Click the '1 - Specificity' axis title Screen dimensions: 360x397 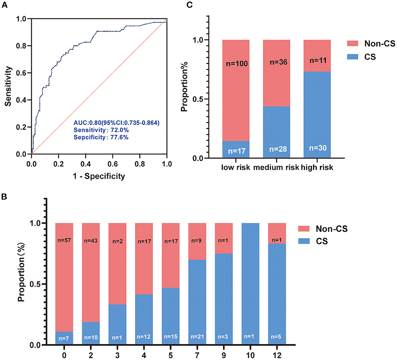[x=99, y=176]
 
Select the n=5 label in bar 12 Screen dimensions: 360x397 [x=277, y=337]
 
